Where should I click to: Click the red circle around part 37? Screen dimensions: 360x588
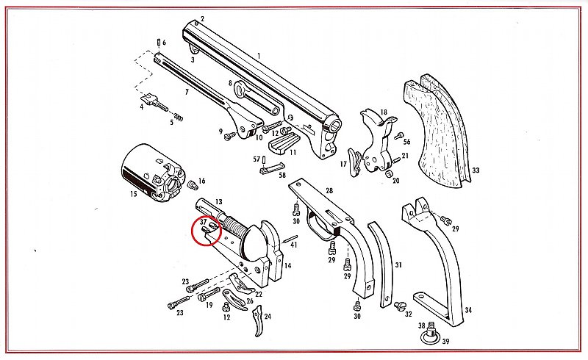[x=205, y=231]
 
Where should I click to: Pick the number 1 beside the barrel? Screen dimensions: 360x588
[x=259, y=57]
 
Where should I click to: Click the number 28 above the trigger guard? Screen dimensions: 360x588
[x=329, y=191]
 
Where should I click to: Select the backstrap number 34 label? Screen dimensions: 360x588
[x=468, y=310]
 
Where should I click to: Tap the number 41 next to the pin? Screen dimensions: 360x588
[x=293, y=244]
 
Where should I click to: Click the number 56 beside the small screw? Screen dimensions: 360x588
[x=406, y=141]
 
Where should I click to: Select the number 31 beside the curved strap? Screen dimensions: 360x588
[x=398, y=264]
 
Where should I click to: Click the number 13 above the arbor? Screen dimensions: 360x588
[x=218, y=201]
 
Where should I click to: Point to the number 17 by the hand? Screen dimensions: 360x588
[x=343, y=162]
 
